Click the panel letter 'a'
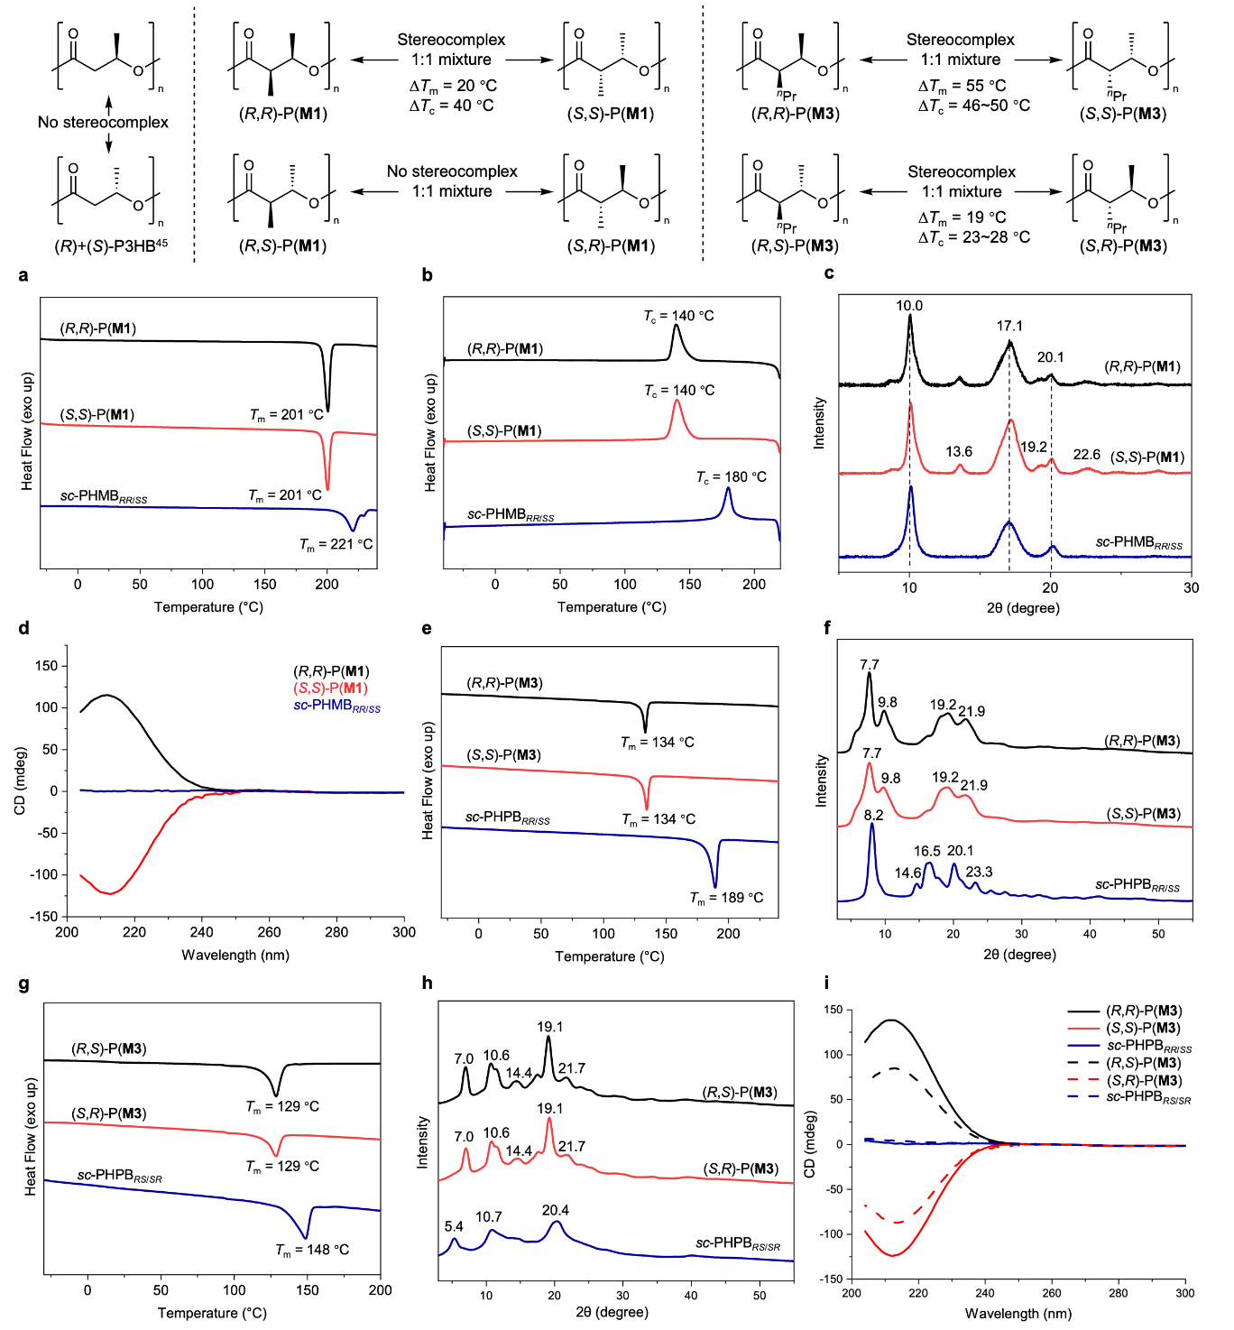click(23, 274)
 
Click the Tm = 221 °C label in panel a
click(336, 544)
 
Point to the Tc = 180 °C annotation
click(731, 476)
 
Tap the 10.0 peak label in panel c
click(909, 306)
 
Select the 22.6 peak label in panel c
click(1086, 455)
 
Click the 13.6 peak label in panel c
click(959, 452)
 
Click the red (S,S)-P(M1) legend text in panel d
click(330, 688)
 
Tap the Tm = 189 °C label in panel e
click(726, 897)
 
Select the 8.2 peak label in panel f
click(873, 815)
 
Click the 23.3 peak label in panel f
click(979, 872)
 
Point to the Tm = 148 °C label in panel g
click(312, 1250)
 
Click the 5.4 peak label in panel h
click(454, 1226)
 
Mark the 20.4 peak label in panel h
click(556, 1210)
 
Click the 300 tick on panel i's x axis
click(1184, 1293)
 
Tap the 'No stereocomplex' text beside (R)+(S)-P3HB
click(103, 122)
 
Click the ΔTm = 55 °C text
click(962, 86)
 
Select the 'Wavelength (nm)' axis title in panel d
click(235, 955)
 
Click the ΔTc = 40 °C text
click(451, 106)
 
